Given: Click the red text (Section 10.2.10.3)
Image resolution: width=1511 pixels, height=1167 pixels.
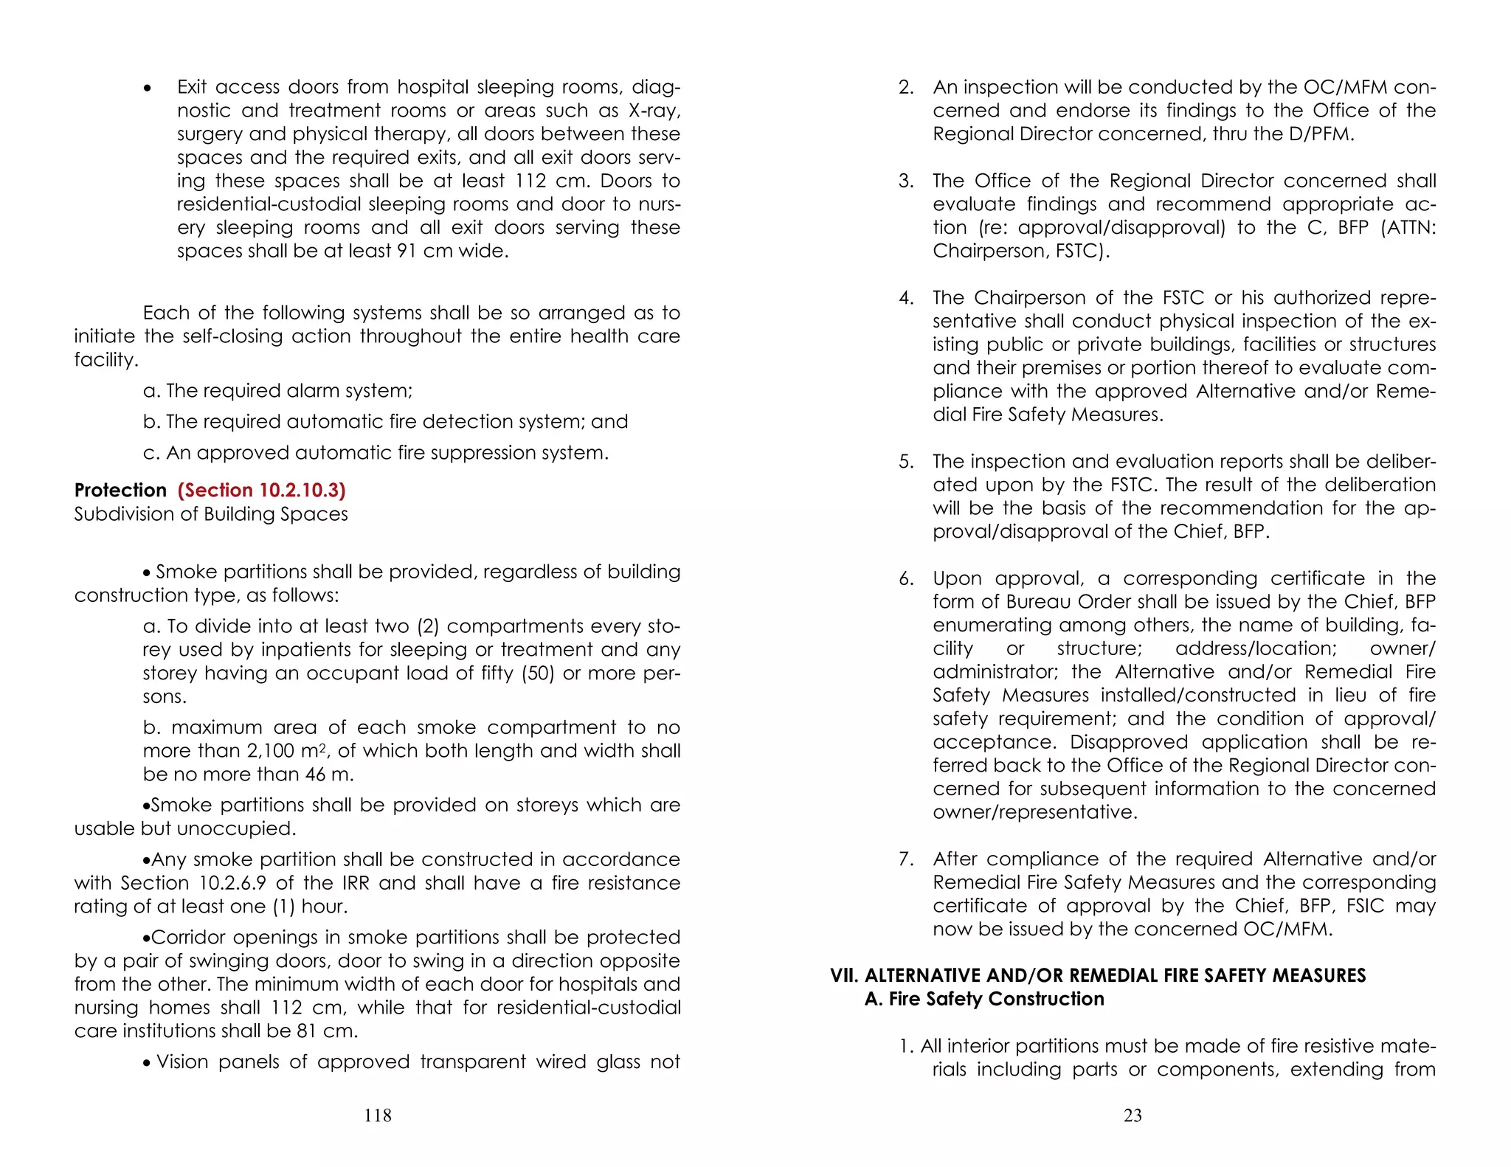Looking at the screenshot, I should [261, 491].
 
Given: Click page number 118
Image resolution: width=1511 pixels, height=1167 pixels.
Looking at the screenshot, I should [378, 1115].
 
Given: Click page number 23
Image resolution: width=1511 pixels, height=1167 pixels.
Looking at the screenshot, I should [1133, 1115].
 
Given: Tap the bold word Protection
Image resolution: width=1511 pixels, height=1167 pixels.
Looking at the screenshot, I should [120, 491].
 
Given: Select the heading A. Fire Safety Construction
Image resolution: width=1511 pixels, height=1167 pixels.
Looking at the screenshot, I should [984, 999].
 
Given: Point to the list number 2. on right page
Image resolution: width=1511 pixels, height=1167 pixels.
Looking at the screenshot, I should [906, 87].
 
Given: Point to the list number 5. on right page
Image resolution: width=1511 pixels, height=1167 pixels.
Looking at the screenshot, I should [906, 462].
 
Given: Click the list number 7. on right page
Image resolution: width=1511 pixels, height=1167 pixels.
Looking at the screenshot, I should [906, 859].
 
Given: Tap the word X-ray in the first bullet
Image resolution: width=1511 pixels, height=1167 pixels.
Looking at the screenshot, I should [654, 111].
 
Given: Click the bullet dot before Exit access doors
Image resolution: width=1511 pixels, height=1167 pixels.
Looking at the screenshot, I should [148, 89].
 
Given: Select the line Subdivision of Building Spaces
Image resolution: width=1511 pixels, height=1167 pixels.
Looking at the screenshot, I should [211, 514].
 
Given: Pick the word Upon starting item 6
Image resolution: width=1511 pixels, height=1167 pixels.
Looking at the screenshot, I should [958, 579].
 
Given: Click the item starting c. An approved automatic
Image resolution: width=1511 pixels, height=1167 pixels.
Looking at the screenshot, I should [376, 452].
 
